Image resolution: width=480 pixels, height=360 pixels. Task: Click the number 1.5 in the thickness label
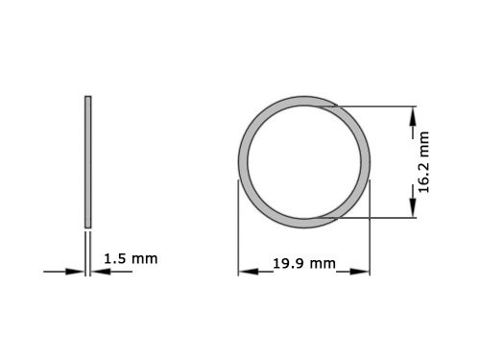113,259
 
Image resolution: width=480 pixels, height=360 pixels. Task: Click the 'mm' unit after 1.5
143,259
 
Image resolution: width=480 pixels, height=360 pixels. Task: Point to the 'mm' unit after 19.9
323,263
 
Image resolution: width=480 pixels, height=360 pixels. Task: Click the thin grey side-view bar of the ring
88,160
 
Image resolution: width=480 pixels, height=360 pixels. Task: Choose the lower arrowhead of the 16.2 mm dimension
413,210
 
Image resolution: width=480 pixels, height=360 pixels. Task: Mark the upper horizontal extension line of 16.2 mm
374,106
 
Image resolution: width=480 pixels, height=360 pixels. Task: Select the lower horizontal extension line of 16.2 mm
374,217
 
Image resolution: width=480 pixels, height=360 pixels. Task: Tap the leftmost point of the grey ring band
241,160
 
